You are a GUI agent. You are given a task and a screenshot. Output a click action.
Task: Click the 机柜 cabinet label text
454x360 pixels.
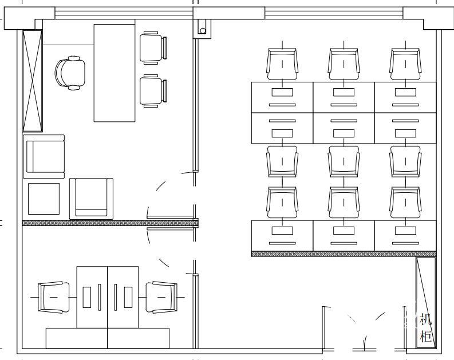[426, 328]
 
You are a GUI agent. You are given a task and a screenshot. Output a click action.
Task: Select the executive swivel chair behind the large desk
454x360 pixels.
[70, 73]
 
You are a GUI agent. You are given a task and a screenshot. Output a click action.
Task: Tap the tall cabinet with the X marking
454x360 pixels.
[33, 81]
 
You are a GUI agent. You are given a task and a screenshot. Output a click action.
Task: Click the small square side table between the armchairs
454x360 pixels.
[44, 199]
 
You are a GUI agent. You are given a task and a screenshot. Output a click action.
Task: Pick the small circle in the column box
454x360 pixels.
[203, 31]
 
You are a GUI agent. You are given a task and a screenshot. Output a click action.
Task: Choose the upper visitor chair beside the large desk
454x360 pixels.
[153, 48]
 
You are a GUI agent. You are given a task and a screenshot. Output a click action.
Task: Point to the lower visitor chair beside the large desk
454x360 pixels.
[153, 91]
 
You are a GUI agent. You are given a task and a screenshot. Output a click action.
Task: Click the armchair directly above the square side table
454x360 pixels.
[44, 157]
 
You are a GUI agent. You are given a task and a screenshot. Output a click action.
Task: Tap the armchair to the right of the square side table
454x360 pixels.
[91, 199]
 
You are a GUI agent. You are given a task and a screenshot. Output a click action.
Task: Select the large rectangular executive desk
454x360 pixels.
[115, 73]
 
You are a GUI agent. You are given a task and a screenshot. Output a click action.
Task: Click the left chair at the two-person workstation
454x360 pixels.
[54, 297]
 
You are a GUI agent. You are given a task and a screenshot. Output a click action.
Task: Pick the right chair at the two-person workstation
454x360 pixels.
[161, 297]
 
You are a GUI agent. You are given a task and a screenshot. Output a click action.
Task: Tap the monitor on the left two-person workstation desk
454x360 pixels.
[87, 297]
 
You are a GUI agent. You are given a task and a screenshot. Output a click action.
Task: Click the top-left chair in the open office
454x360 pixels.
[282, 64]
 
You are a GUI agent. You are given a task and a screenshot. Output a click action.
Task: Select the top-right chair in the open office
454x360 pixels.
[405, 64]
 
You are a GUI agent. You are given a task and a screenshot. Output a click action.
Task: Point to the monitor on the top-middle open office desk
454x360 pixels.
[344, 92]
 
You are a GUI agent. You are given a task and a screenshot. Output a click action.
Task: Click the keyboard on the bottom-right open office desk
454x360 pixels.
[405, 243]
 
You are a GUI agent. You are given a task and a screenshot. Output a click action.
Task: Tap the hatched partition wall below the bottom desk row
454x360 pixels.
[344, 254]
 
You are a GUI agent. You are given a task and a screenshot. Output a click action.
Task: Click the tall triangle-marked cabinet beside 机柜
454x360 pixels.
[426, 302]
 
